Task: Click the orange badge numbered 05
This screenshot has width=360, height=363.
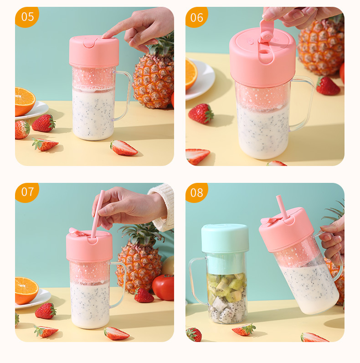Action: pyautogui.click(x=27, y=17)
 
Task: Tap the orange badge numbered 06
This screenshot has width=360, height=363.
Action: pyautogui.click(x=197, y=17)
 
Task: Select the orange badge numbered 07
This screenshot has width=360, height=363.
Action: pyautogui.click(x=27, y=192)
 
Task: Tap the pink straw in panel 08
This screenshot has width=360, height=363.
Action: pyautogui.click(x=282, y=207)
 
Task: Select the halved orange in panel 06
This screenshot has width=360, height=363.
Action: pyautogui.click(x=190, y=73)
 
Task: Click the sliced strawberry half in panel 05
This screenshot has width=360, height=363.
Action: pyautogui.click(x=124, y=148)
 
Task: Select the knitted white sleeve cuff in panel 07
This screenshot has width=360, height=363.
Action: pyautogui.click(x=165, y=207)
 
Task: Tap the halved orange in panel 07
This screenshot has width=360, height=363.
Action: pyautogui.click(x=26, y=289)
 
